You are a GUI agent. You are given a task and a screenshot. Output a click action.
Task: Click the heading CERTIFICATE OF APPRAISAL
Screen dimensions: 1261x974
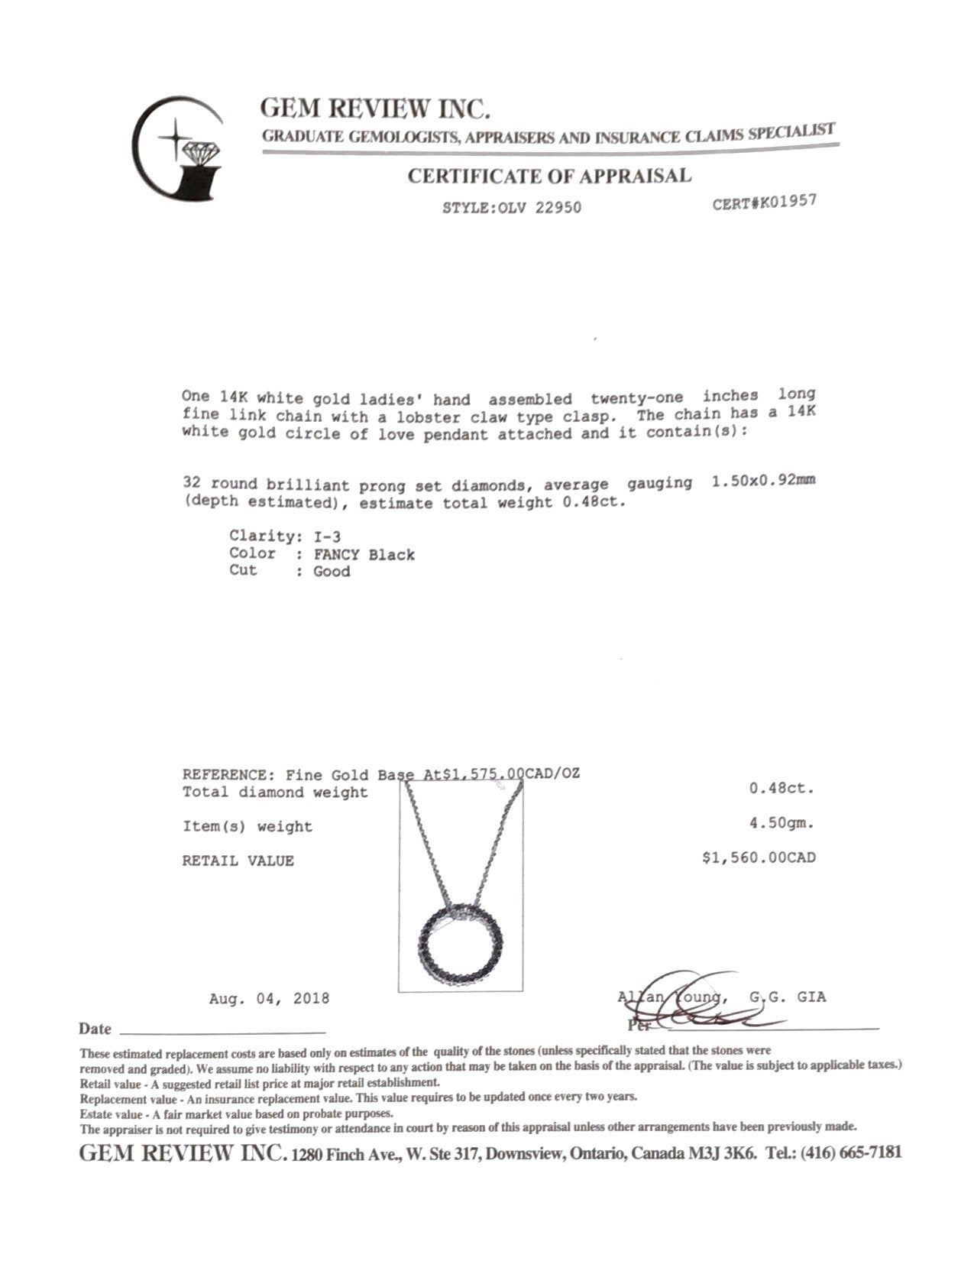[x=548, y=176]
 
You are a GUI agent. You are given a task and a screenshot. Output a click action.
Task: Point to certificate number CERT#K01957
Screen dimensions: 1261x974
[x=764, y=203]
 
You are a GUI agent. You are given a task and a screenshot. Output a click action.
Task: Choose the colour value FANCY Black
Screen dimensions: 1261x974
[x=364, y=554]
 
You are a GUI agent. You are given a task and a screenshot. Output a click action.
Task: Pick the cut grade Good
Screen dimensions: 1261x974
[x=332, y=572]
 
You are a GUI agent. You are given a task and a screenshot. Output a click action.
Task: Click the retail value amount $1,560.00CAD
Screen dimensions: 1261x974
[x=759, y=858]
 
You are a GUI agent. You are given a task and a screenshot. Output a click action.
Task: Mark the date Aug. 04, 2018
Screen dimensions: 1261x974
[x=269, y=998]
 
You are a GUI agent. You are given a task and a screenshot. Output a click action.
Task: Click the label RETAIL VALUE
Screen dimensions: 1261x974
[x=238, y=861]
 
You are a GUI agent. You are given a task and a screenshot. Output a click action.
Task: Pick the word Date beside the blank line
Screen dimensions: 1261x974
[x=95, y=1029]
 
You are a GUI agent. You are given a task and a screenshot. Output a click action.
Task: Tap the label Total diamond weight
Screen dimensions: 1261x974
[x=275, y=793]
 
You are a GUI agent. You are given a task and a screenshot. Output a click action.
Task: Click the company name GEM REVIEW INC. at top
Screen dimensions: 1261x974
[x=374, y=109]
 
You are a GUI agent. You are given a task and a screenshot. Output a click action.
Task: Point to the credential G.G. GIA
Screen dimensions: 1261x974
[x=787, y=997]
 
